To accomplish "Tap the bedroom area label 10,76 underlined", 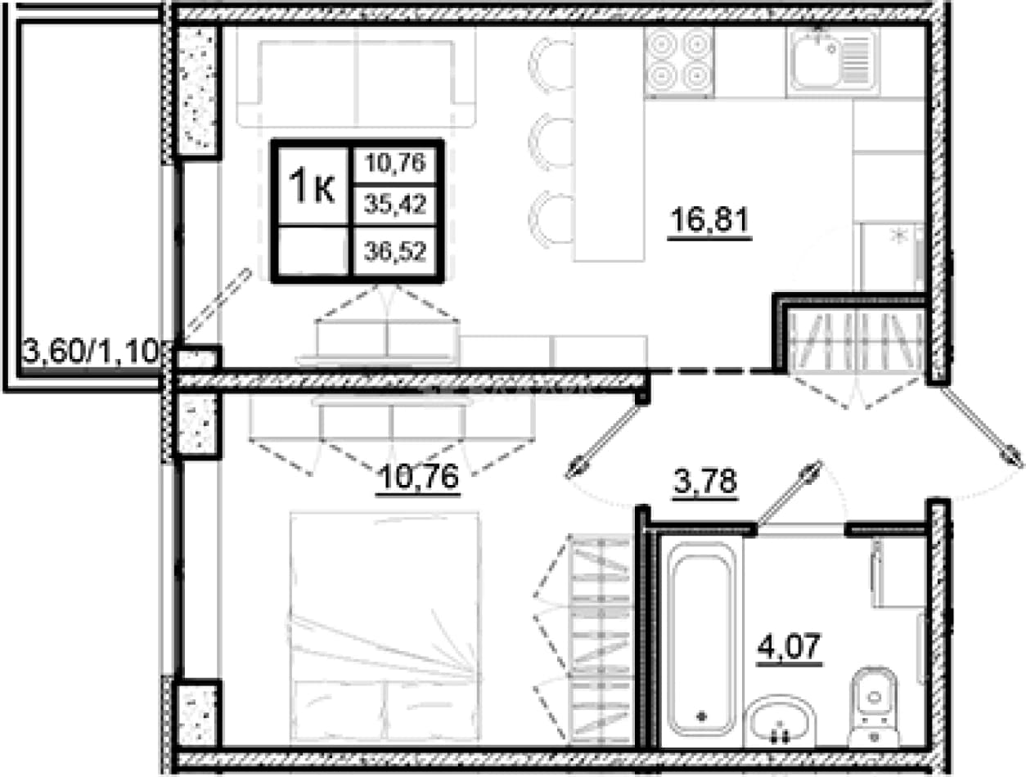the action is tap(418, 477).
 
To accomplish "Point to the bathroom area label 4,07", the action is tap(789, 646).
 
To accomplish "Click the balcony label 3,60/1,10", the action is tap(91, 352).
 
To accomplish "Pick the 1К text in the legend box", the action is tap(313, 187).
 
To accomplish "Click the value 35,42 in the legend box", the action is tap(395, 204).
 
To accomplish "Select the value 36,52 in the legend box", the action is tap(395, 252).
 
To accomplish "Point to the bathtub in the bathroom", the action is tap(701, 640).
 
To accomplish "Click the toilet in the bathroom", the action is tap(873, 707).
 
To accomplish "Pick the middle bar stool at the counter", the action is tap(551, 141).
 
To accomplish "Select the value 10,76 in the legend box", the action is tap(395, 163).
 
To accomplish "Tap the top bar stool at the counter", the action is tap(551, 65).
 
